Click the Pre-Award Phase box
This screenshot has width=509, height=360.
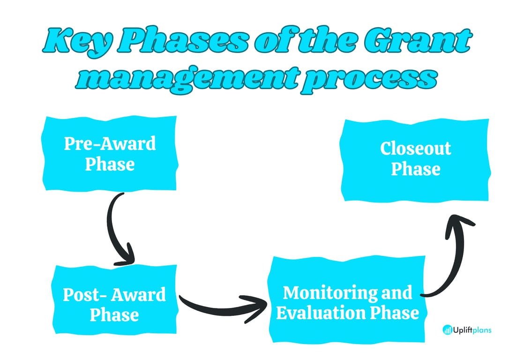click(x=110, y=154)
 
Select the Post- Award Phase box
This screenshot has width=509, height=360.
click(x=115, y=304)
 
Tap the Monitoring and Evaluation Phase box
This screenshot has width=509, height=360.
click(x=347, y=302)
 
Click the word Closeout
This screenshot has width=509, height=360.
click(x=415, y=149)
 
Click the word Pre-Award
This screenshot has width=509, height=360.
click(x=110, y=143)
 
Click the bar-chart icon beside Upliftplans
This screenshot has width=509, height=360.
click(x=447, y=330)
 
